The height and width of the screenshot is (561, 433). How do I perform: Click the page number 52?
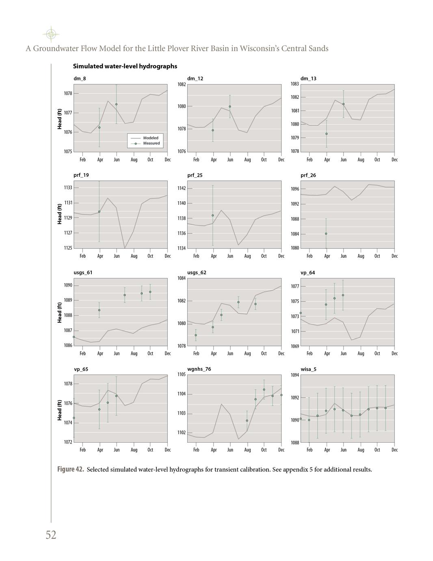click(51, 535)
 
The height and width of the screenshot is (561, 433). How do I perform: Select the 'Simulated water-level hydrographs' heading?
click(125, 66)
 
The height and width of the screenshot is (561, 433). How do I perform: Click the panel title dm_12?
click(195, 78)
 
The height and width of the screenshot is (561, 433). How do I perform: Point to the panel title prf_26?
click(308, 175)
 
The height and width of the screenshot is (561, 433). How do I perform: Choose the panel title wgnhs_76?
click(199, 369)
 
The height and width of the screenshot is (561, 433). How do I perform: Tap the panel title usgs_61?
click(83, 272)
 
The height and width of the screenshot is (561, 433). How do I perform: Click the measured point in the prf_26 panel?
click(326, 234)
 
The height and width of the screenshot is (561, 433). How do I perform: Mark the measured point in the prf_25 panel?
click(212, 215)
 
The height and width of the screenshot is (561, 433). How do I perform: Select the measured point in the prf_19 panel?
click(99, 212)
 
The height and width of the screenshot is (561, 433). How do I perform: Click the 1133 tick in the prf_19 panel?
click(68, 188)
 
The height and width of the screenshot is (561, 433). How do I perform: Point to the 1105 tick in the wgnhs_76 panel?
click(182, 374)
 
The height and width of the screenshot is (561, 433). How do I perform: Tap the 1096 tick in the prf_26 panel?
click(295, 189)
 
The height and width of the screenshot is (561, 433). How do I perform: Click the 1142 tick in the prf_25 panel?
click(182, 188)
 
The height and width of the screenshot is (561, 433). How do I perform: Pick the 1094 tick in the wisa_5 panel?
click(295, 375)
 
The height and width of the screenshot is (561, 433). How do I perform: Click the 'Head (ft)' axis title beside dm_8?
click(60, 119)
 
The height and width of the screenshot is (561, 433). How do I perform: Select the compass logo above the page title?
click(51, 35)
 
